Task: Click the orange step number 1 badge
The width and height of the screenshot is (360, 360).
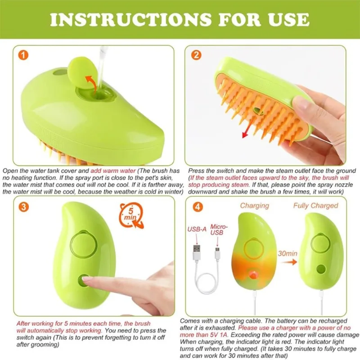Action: (x=23, y=55)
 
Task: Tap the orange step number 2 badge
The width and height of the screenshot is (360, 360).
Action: (x=196, y=55)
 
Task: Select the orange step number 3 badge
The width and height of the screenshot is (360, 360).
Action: (x=24, y=207)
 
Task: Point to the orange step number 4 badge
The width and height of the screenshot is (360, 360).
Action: (x=198, y=207)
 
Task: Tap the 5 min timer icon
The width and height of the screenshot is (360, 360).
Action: (x=131, y=216)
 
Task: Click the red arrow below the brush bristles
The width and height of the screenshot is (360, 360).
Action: (x=247, y=130)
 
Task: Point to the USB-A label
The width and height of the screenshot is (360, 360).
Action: (x=197, y=229)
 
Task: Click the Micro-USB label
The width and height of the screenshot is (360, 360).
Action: (x=219, y=229)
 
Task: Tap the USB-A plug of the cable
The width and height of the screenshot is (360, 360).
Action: (x=197, y=252)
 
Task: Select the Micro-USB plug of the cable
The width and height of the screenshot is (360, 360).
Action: (x=217, y=253)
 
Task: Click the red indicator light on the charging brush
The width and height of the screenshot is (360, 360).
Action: (x=253, y=274)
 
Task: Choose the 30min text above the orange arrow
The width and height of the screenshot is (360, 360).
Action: (x=288, y=253)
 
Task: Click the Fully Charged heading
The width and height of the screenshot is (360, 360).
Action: (x=316, y=206)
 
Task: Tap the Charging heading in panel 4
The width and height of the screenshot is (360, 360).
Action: (x=254, y=206)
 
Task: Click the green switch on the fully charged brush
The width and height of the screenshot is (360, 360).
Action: (x=321, y=269)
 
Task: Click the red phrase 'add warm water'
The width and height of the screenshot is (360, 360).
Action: (x=113, y=171)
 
